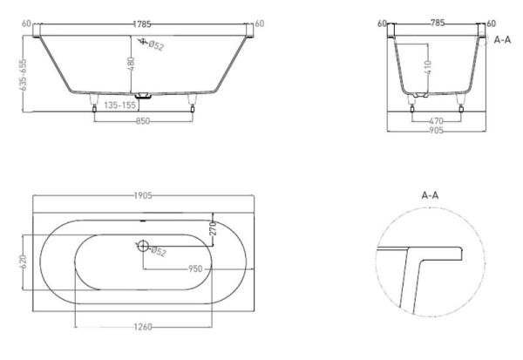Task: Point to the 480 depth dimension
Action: (x=132, y=64)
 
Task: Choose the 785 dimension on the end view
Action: (x=433, y=24)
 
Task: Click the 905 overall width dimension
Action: (x=436, y=131)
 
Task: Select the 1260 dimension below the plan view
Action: (x=144, y=327)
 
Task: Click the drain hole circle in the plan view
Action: (x=142, y=247)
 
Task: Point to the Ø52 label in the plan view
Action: (x=160, y=253)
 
